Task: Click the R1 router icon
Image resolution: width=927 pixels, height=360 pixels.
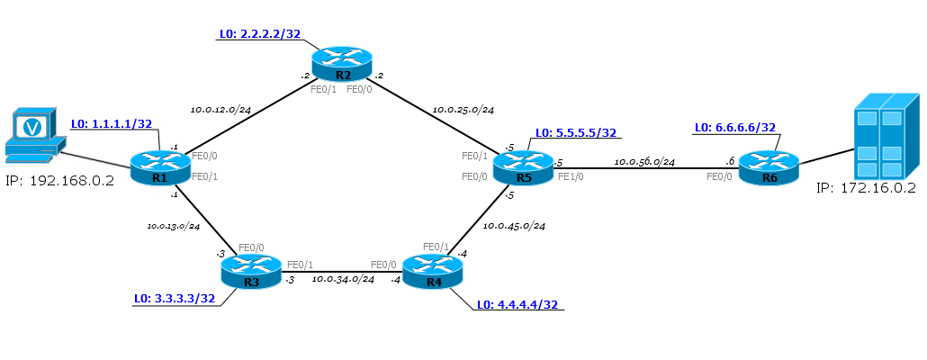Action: coord(160,167)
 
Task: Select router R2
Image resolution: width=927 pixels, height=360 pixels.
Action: coord(342,65)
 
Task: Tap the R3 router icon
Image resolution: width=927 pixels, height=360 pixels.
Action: coord(251,271)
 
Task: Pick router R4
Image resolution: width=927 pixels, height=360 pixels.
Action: coord(433,271)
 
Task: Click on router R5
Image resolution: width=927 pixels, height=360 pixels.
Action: coord(523,167)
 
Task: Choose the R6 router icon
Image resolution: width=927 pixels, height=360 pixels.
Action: coord(769,167)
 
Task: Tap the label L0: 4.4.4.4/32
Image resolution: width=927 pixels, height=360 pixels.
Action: coord(517,304)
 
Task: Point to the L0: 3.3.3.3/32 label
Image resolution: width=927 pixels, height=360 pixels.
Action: coord(174,299)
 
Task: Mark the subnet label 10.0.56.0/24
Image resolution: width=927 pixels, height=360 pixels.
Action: coord(644,161)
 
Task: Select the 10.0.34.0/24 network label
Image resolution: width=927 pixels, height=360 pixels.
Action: coord(343,278)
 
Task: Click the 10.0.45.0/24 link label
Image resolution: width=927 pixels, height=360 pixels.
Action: coord(514,226)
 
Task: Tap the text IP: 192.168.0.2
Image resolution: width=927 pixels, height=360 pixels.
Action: coord(59,180)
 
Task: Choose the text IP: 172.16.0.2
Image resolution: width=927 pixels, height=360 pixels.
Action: coord(866,188)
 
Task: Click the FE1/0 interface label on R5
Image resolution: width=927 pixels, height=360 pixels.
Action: coord(571,176)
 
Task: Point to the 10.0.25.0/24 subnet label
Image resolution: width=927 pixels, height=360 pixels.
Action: coord(463,110)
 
